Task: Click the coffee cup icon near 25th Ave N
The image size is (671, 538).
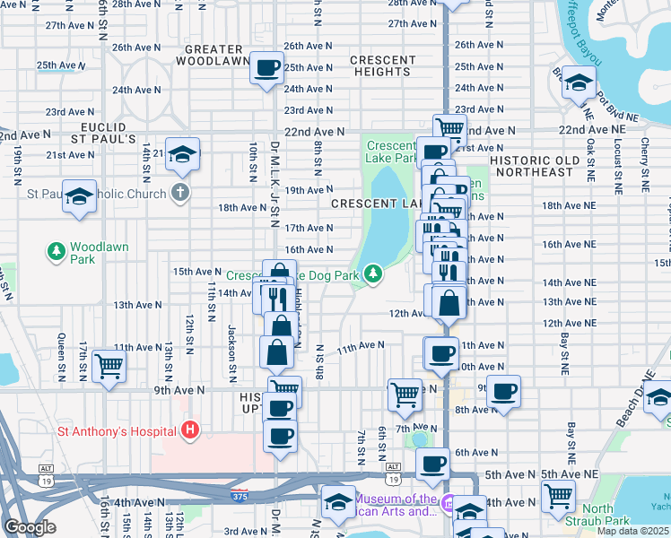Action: click(x=266, y=67)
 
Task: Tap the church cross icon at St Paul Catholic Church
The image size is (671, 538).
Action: click(x=179, y=193)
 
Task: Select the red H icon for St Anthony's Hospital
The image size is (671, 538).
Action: click(x=189, y=431)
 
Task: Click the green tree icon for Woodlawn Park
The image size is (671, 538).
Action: click(x=57, y=250)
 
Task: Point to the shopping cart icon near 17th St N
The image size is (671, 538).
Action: click(x=109, y=365)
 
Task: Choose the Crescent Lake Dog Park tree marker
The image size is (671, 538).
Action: click(x=372, y=273)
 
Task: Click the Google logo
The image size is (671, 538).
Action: click(x=30, y=527)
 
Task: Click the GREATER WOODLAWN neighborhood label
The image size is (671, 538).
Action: click(x=213, y=55)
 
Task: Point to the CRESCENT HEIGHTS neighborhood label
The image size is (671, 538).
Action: click(x=383, y=65)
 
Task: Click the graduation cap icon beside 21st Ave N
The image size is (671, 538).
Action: click(x=182, y=154)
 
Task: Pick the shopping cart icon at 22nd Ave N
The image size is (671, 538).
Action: click(x=449, y=128)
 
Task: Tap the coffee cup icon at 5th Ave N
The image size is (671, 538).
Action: click(x=433, y=464)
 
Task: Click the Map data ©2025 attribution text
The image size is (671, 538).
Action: click(x=633, y=531)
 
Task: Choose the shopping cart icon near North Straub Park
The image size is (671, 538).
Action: click(x=559, y=494)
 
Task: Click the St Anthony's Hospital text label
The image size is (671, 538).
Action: click(x=117, y=431)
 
